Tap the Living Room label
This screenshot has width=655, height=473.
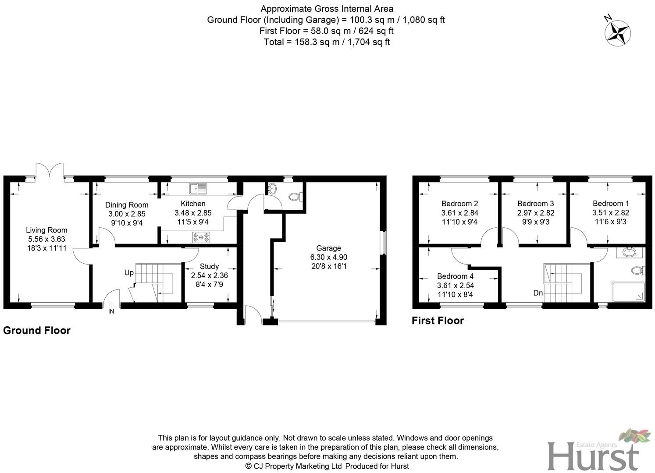click(46, 230)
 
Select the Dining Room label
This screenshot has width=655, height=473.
click(127, 205)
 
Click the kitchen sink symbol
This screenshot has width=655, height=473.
click(198, 189)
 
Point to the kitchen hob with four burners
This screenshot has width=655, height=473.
click(200, 237)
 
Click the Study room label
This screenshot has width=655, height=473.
click(209, 266)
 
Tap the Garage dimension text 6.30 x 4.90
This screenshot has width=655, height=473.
click(328, 257)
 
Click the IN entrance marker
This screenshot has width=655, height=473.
click(111, 311)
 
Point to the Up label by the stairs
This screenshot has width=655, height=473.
click(129, 273)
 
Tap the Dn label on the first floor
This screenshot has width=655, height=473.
click(538, 293)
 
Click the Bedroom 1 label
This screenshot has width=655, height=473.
click(610, 203)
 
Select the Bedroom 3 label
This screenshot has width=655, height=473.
click(535, 204)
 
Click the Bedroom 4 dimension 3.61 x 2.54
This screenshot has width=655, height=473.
click(455, 285)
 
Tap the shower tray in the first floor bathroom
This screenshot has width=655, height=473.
click(628, 292)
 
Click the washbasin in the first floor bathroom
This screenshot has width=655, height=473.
click(629, 252)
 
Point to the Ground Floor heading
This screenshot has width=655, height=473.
click(37, 330)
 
